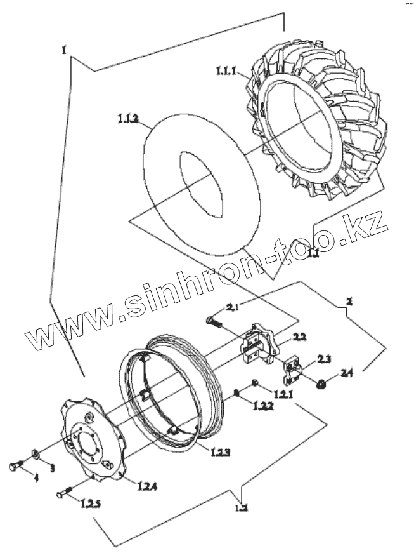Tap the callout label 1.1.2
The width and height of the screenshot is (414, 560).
pyautogui.click(x=128, y=119)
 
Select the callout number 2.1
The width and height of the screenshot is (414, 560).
pyautogui.click(x=233, y=308)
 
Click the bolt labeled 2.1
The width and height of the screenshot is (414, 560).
pyautogui.click(x=214, y=322)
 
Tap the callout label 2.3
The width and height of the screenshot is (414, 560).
pyautogui.click(x=323, y=359)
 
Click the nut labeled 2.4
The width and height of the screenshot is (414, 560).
pyautogui.click(x=322, y=383)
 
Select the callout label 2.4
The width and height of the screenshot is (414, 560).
pyautogui.click(x=346, y=373)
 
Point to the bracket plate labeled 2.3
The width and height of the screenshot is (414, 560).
pyautogui.click(x=293, y=369)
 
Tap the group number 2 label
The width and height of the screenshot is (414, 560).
pyautogui.click(x=347, y=299)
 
